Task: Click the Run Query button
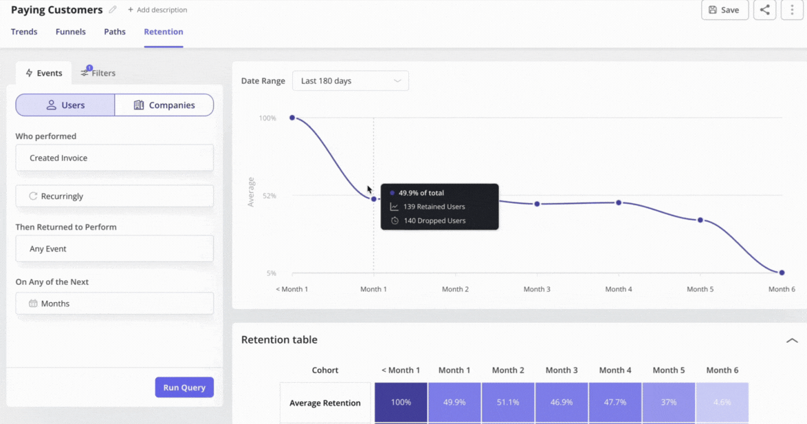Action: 184,388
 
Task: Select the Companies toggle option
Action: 164,105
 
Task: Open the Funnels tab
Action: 71,32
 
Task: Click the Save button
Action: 725,10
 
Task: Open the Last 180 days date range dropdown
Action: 350,81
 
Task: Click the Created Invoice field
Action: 114,158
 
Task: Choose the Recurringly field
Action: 114,196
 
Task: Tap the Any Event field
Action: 114,248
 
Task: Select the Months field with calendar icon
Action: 114,304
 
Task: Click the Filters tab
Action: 98,73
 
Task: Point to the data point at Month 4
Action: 619,202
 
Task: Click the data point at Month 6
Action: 782,273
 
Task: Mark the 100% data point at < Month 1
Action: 292,118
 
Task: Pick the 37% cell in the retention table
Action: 668,403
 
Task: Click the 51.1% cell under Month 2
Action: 508,403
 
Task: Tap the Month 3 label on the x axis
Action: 537,289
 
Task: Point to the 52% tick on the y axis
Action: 267,196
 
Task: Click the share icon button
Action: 764,10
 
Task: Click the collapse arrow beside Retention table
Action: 792,340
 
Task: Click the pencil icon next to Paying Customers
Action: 113,10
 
